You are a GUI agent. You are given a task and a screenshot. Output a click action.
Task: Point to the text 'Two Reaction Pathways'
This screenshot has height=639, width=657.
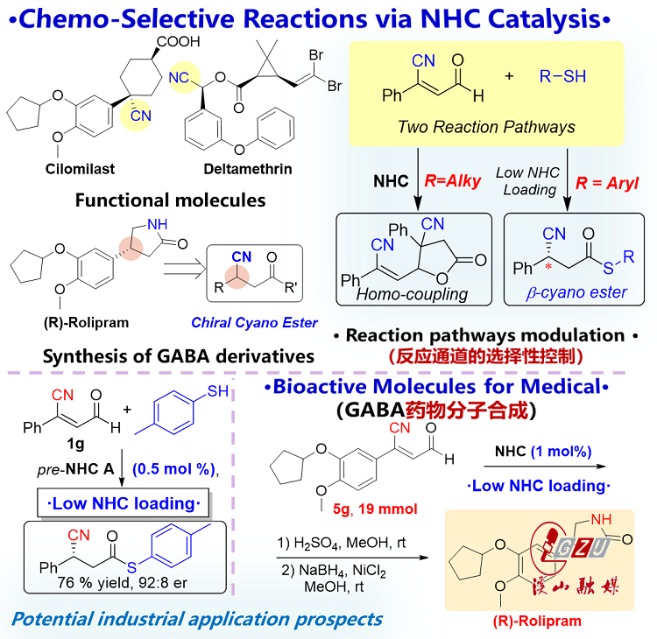tap(486, 127)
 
